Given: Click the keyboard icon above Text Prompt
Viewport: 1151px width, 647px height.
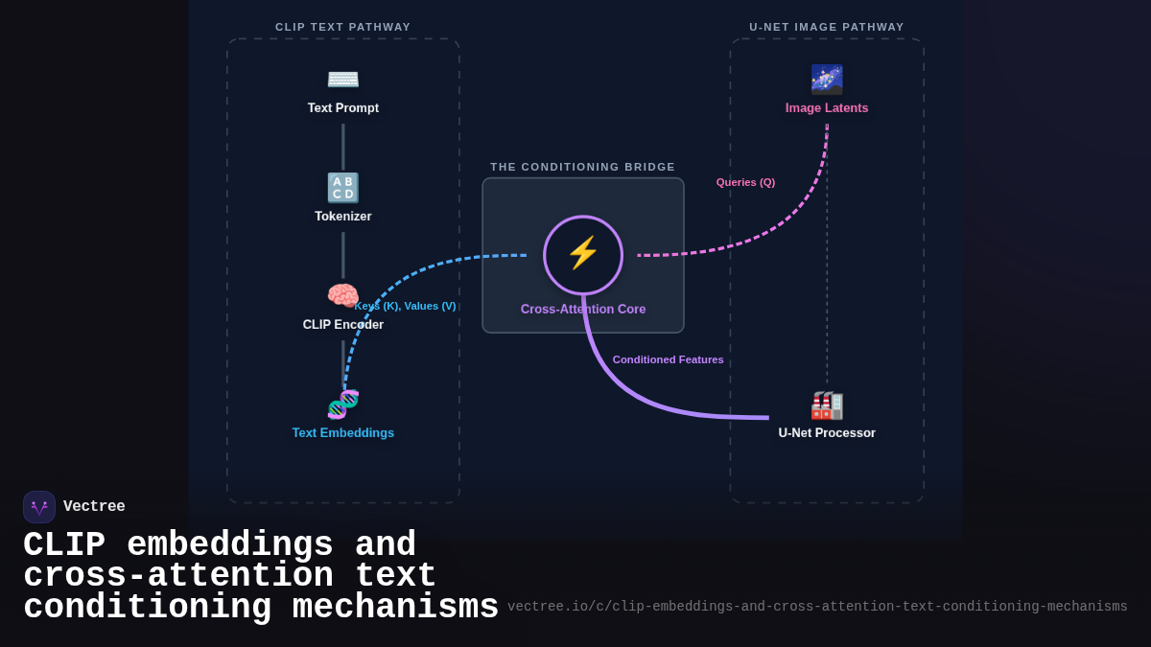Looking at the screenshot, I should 342,80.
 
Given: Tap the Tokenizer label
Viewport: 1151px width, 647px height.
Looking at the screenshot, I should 342,217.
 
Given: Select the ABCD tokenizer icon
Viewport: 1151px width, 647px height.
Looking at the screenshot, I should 342,188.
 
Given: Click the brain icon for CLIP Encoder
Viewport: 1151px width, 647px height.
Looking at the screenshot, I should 342,295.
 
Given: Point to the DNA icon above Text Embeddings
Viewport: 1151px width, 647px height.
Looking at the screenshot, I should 342,404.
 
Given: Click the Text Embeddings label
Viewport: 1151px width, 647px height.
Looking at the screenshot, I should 342,433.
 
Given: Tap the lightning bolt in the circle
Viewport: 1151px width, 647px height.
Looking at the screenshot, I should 583,253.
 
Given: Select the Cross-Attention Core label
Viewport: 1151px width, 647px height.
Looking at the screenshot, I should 583,310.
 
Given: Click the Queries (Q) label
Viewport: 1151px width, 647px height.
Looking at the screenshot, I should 745,182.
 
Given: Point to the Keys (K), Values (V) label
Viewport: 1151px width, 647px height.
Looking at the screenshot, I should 405,306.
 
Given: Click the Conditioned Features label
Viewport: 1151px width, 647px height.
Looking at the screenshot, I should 668,359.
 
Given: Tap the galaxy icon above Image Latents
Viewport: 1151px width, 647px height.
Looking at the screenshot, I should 827,80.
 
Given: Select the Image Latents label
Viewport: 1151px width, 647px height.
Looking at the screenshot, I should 827,108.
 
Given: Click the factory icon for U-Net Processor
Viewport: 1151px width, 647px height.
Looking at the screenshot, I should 827,405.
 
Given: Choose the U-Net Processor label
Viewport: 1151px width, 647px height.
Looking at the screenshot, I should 827,433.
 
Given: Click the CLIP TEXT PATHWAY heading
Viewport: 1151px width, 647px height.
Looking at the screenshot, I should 342,27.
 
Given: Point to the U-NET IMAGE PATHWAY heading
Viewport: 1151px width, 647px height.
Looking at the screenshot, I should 827,27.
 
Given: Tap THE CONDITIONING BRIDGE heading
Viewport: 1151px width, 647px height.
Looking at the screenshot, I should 583,167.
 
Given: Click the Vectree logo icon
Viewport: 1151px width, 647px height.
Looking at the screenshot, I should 39,507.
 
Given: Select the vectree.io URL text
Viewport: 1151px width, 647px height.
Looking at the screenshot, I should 817,607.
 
